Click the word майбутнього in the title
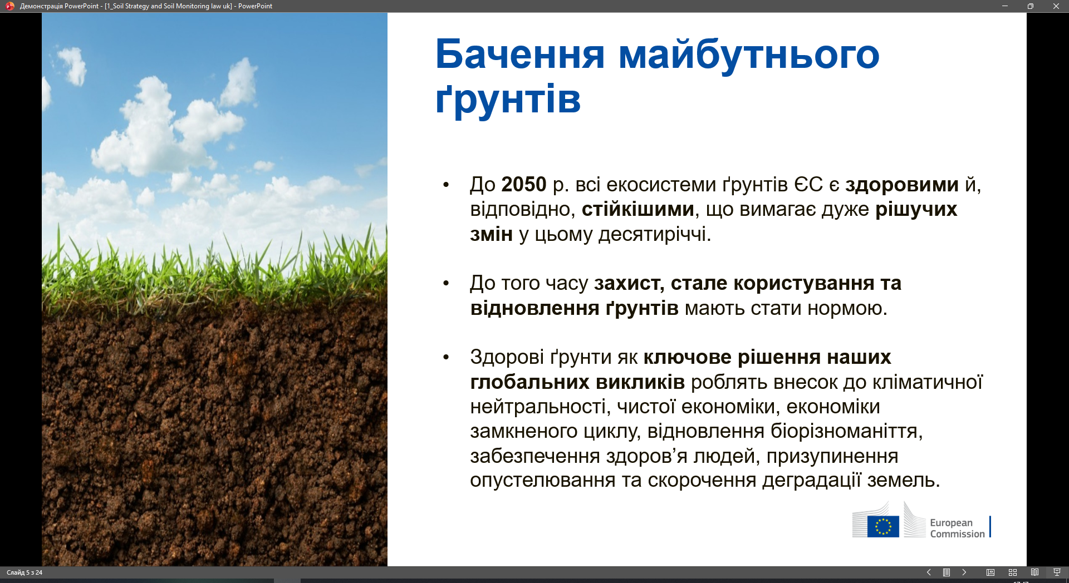point(749,56)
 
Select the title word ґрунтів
point(508,101)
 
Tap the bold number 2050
point(524,184)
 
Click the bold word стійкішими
point(638,209)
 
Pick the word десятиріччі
point(655,235)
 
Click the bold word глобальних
point(529,382)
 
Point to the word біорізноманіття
point(846,431)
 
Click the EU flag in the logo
point(883,526)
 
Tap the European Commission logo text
point(957,528)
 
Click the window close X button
point(1056,6)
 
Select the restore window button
point(1031,6)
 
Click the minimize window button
point(1005,6)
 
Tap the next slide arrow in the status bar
point(964,572)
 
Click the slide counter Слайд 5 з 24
point(24,572)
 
